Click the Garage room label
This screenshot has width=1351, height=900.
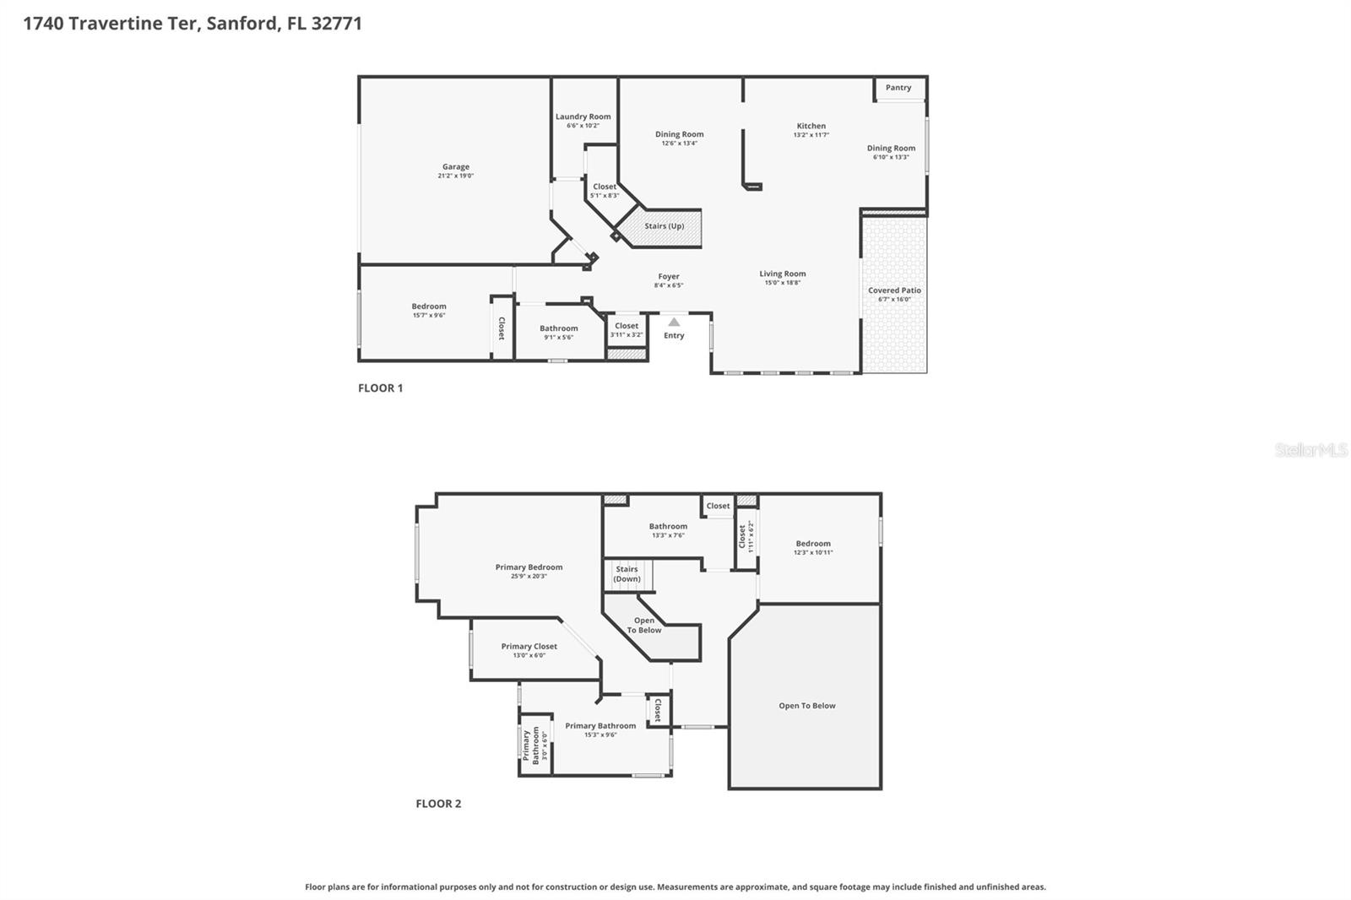[x=456, y=167]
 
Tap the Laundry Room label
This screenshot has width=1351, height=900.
[x=583, y=117]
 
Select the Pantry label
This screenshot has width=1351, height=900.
[x=898, y=88]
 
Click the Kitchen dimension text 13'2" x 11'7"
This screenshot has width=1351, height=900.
[x=811, y=135]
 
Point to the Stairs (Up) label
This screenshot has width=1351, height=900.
[x=665, y=226]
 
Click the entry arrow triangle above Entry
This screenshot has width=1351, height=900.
[x=674, y=322]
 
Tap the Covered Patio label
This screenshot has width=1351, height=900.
[x=894, y=290]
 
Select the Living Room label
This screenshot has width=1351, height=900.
[x=782, y=274]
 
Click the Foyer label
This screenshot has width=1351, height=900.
[x=669, y=276]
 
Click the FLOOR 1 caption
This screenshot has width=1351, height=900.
[x=380, y=388]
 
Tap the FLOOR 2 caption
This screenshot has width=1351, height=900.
[x=438, y=804]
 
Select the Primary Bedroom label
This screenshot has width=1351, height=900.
[x=529, y=567]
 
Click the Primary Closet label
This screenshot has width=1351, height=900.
[x=529, y=647]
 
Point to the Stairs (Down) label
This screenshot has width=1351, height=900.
[x=627, y=574]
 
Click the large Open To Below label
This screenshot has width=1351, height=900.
[x=806, y=706]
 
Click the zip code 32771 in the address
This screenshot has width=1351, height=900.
[x=336, y=24]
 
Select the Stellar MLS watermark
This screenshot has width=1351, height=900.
[x=1310, y=450]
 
